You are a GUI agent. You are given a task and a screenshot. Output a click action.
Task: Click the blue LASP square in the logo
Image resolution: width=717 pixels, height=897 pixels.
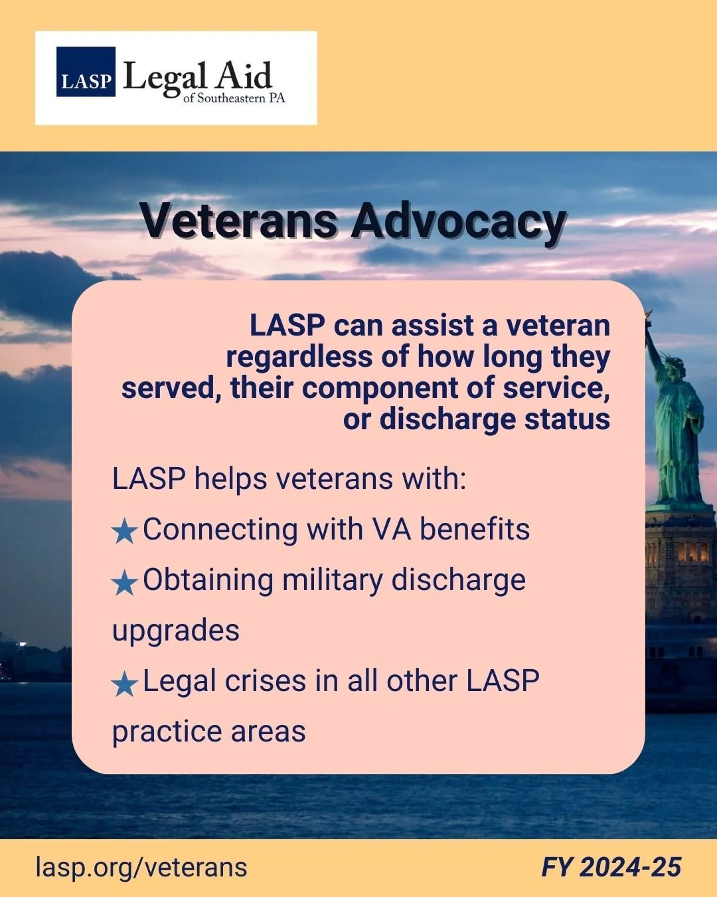(x=86, y=72)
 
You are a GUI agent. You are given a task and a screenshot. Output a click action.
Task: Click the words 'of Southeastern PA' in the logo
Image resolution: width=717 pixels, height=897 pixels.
(x=234, y=98)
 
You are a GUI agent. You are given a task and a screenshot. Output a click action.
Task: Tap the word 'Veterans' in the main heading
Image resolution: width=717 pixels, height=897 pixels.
(x=238, y=221)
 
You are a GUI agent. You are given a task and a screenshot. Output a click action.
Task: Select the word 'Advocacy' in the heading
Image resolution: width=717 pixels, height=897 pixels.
(x=458, y=221)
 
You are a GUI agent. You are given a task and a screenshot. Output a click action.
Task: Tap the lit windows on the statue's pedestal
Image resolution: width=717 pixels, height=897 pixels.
(x=692, y=551)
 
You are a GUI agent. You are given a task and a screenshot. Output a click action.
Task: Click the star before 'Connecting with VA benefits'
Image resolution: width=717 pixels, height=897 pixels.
(x=124, y=531)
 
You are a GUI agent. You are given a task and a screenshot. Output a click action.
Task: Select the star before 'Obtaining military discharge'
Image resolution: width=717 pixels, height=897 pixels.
(x=124, y=583)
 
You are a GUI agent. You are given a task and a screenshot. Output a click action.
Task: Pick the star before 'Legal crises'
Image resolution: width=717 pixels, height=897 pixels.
(x=124, y=684)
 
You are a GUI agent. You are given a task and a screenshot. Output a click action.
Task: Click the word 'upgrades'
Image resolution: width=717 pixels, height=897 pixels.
(x=176, y=630)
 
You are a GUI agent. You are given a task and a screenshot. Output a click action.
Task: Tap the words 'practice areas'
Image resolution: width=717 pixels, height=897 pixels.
(x=208, y=731)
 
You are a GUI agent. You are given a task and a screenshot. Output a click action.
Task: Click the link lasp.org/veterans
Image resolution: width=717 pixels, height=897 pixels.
(x=141, y=867)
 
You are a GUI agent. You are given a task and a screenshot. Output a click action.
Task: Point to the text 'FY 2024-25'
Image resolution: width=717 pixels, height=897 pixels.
(x=611, y=867)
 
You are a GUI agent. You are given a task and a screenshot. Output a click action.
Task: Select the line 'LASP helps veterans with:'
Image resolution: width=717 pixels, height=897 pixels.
(x=289, y=478)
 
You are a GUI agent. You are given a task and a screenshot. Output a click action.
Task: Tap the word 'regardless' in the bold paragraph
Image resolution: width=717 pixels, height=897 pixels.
(x=299, y=357)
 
